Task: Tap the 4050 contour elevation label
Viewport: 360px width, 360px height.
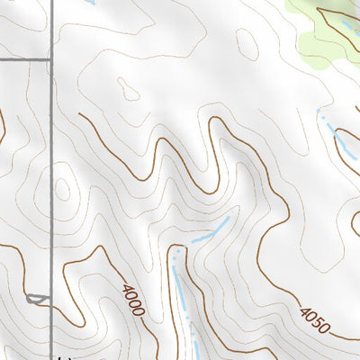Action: (x=315, y=319)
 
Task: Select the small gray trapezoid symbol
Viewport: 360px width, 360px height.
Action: (x=36, y=299)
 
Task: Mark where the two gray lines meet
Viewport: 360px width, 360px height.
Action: (x=50, y=59)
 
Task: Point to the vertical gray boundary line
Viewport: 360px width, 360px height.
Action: (x=50, y=180)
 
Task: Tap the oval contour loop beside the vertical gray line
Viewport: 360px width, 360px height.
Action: (x=61, y=188)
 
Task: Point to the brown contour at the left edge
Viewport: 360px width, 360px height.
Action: (x=3, y=126)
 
